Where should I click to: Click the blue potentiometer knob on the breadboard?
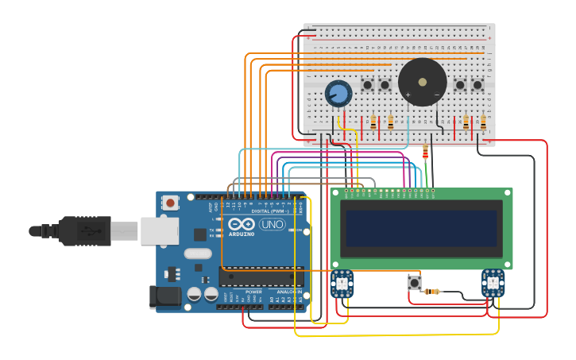click(x=338, y=94)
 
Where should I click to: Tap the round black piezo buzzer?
click(x=422, y=82)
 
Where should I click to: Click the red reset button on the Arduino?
click(x=170, y=203)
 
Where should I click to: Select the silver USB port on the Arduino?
click(x=160, y=230)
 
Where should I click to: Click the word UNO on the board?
click(x=272, y=224)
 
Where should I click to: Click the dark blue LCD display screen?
click(x=421, y=227)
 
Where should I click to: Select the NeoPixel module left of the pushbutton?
click(x=342, y=283)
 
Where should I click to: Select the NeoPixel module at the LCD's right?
click(x=493, y=283)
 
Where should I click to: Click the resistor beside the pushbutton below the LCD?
click(x=432, y=292)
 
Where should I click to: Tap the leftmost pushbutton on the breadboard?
click(x=367, y=85)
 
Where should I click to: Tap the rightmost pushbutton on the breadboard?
click(x=477, y=85)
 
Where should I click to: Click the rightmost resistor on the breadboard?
click(x=483, y=122)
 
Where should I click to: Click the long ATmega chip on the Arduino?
click(x=261, y=277)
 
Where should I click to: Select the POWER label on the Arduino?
click(x=253, y=292)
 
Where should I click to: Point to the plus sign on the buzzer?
click(x=408, y=95)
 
